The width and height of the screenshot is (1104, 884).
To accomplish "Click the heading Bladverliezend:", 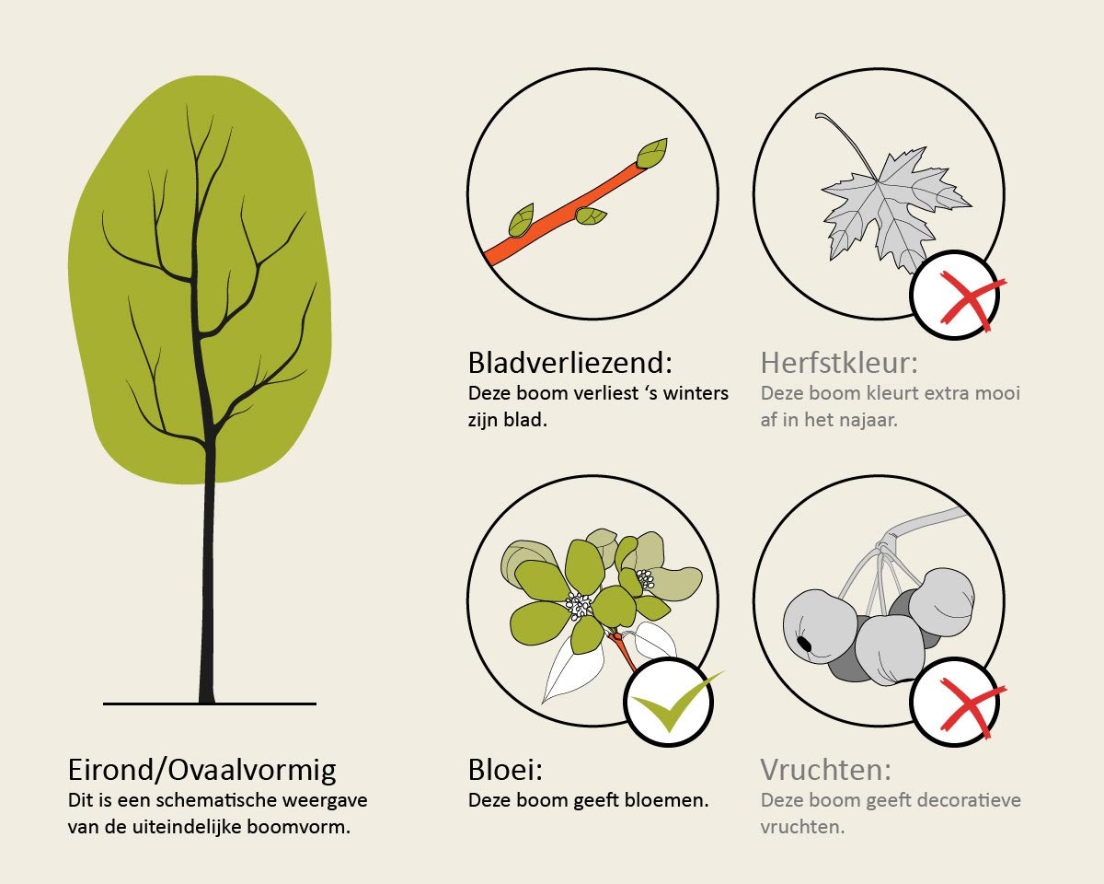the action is pyautogui.click(x=570, y=363).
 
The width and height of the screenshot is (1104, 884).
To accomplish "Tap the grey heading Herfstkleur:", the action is pyautogui.click(x=839, y=363).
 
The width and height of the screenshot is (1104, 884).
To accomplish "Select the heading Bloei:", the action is pyautogui.click(x=505, y=770).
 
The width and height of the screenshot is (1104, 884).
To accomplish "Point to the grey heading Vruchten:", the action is pyautogui.click(x=826, y=770).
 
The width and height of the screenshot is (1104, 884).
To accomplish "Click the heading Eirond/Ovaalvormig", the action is pyautogui.click(x=202, y=771).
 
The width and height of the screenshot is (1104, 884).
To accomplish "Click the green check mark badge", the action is pyautogui.click(x=669, y=702).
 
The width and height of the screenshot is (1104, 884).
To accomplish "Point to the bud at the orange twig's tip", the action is pyautogui.click(x=652, y=153).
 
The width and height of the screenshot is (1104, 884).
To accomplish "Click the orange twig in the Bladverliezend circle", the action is pyautogui.click(x=563, y=213).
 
